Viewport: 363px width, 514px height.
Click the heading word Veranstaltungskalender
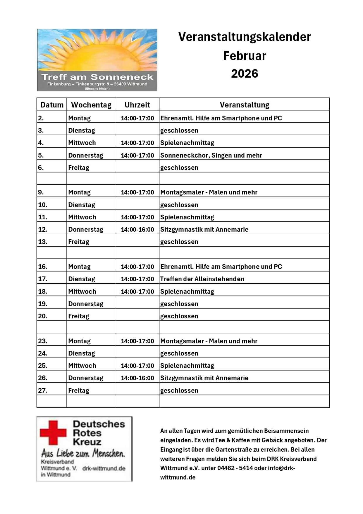pos(245,37)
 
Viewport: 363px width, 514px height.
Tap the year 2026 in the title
pos(245,74)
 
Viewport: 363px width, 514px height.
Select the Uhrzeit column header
pos(137,105)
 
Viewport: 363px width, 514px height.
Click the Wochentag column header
pos(91,105)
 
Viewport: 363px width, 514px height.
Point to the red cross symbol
pos(53,433)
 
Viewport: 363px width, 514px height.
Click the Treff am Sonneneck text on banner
pos(97,77)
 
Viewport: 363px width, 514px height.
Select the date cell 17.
pos(43,279)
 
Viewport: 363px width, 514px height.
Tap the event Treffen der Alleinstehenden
pos(202,279)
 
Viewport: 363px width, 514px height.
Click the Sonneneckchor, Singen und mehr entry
pos(211,155)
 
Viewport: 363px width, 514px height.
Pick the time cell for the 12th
pos(137,229)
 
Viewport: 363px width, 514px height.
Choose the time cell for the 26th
pos(137,378)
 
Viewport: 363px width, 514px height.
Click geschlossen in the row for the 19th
pos(179,304)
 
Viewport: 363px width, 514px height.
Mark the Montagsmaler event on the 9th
pos(209,192)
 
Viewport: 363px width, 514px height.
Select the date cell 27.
pos(43,390)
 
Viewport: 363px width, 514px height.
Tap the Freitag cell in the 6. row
pos(79,168)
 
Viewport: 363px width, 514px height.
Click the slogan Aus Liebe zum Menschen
pos(83,453)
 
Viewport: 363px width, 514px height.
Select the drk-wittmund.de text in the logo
pos(104,468)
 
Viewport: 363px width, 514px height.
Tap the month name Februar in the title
pos(245,56)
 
